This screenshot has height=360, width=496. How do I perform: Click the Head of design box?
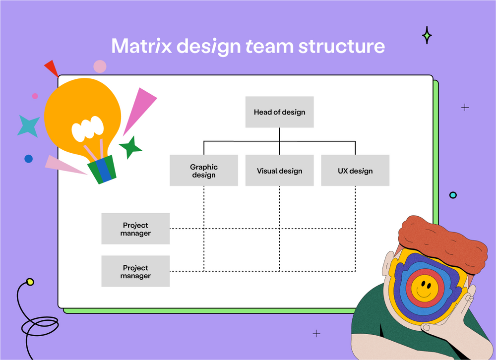coord(279,112)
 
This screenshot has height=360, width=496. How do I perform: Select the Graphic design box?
coord(203,171)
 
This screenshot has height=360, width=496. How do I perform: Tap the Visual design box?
coord(279,171)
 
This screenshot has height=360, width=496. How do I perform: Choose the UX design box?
coord(355,171)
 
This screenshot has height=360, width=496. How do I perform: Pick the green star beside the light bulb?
coord(130,147)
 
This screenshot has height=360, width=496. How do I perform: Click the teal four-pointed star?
coord(28,125)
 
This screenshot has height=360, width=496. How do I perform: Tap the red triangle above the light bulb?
coord(52,68)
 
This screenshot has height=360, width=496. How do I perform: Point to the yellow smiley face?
coord(423,288)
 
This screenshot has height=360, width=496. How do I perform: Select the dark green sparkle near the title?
coord(427,35)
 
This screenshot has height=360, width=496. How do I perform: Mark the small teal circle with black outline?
coord(453,195)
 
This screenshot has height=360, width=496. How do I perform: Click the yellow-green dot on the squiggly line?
coord(30,282)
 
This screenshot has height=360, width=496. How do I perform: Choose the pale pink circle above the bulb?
coord(100,66)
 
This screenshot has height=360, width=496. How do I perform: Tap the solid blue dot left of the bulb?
coord(28,159)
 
